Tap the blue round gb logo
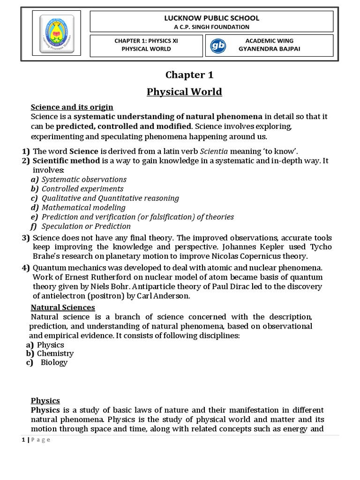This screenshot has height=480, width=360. pyautogui.click(x=218, y=46)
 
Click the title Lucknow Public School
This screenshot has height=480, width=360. pyautogui.click(x=211, y=18)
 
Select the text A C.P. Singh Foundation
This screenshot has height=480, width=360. pyautogui.click(x=211, y=27)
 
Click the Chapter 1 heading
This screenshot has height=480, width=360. pyautogui.click(x=185, y=75)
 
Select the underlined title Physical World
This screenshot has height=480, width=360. pyautogui.click(x=185, y=91)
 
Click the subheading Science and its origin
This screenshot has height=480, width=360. pyautogui.click(x=72, y=107)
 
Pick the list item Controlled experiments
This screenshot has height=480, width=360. pyautogui.click(x=82, y=188)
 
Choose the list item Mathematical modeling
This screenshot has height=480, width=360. pyautogui.click(x=83, y=207)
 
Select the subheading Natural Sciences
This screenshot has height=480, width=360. pyautogui.click(x=63, y=307)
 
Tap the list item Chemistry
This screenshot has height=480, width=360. pyautogui.click(x=55, y=353)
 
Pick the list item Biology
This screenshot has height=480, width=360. pyautogui.click(x=54, y=362)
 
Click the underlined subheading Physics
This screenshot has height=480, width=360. pyautogui.click(x=45, y=400)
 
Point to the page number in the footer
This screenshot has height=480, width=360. pyautogui.click(x=23, y=439)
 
